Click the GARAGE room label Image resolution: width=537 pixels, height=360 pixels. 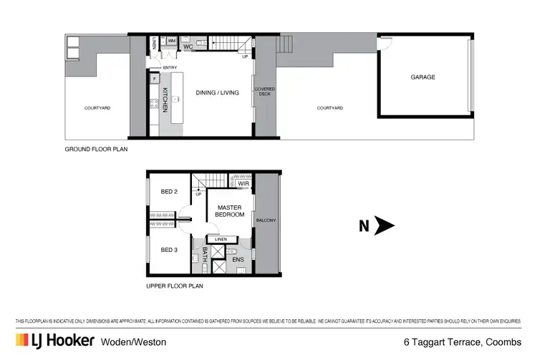click(x=422, y=77)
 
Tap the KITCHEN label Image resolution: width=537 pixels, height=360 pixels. click(x=165, y=99)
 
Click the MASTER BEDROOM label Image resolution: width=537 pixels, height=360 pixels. click(x=230, y=210)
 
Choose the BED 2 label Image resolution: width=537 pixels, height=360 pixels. click(x=168, y=191)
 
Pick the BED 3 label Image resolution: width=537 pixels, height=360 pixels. click(x=168, y=250)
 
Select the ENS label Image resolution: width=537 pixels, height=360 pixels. click(x=238, y=259)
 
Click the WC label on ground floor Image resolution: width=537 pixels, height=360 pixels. click(x=188, y=47)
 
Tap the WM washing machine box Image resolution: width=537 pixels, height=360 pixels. click(x=172, y=41)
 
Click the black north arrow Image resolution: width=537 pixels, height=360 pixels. click(x=385, y=226)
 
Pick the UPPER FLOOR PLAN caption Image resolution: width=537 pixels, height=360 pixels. click(x=175, y=286)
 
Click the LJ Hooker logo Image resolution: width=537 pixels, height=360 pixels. click(x=54, y=341)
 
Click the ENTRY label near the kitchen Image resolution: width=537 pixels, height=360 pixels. click(x=170, y=68)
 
